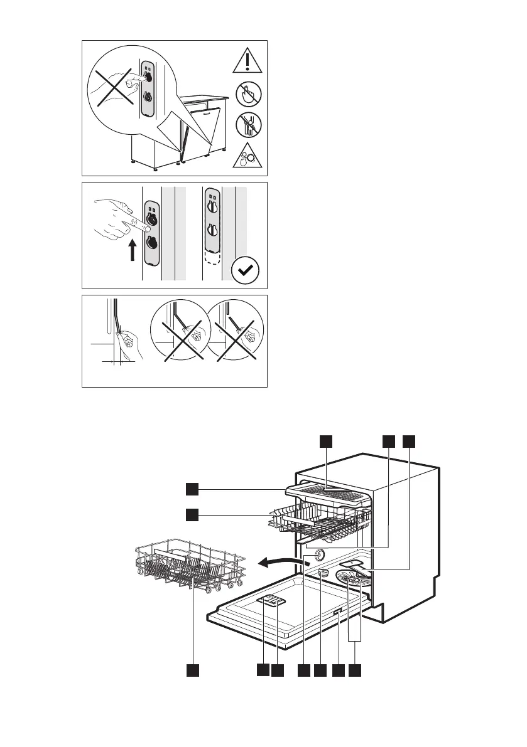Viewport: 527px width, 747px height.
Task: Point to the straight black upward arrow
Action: (133, 252)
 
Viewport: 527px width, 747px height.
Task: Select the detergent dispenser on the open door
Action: (270, 601)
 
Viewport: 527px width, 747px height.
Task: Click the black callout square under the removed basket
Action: (193, 670)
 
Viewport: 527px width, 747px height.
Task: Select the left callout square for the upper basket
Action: (193, 514)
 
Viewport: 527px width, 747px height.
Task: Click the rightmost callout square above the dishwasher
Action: (410, 442)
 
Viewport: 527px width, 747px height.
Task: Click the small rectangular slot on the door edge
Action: (338, 612)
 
